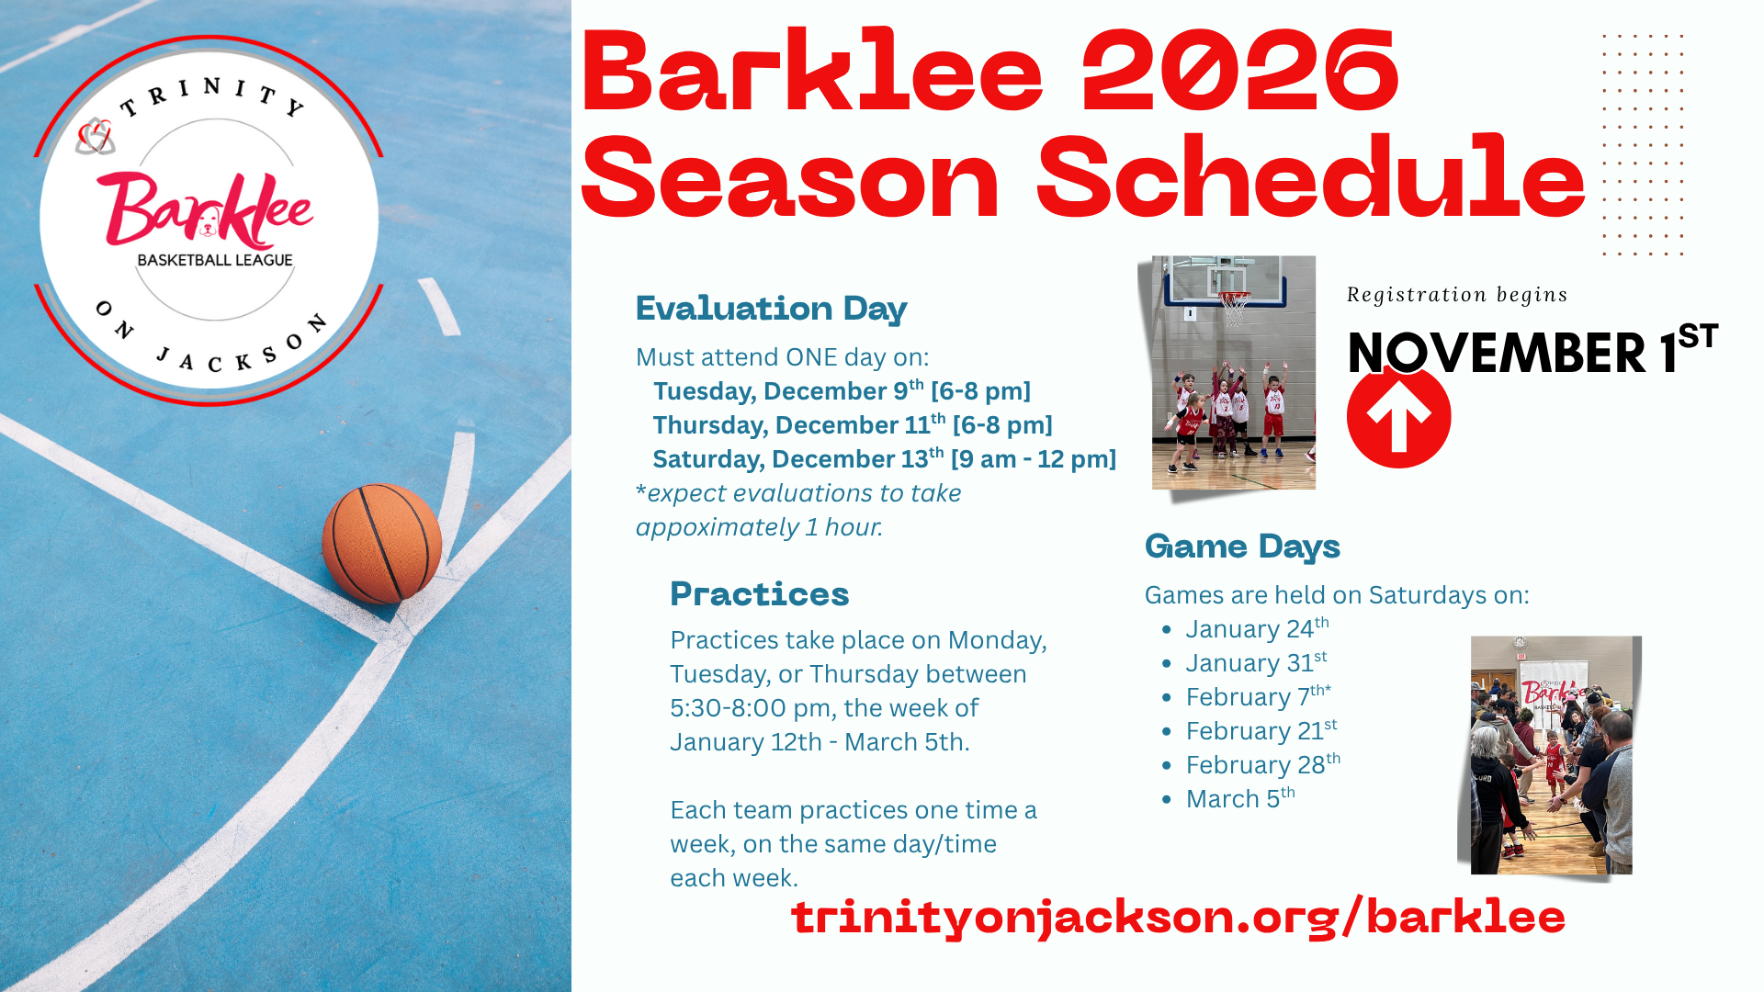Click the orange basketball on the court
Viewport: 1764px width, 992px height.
tap(381, 544)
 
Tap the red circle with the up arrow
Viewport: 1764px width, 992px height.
tap(1398, 417)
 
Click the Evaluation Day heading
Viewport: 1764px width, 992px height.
tap(771, 309)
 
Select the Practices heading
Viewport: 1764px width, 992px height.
tap(759, 594)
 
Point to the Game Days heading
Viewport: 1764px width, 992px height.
tap(1242, 547)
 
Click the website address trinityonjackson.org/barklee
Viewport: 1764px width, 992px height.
tap(1178, 918)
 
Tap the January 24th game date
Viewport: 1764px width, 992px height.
tap(1257, 628)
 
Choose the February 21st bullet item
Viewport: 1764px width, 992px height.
tap(1261, 730)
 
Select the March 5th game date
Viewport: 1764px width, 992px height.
tap(1240, 798)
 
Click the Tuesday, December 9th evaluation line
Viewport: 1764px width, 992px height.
tap(842, 390)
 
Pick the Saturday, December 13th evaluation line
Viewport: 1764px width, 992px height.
tap(884, 458)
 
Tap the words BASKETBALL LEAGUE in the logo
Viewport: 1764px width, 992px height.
tap(215, 260)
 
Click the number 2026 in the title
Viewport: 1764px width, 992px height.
tap(1240, 71)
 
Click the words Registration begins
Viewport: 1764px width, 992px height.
tap(1457, 295)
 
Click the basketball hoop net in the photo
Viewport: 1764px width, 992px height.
tap(1235, 308)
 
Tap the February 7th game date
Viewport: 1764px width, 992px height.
tap(1258, 696)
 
